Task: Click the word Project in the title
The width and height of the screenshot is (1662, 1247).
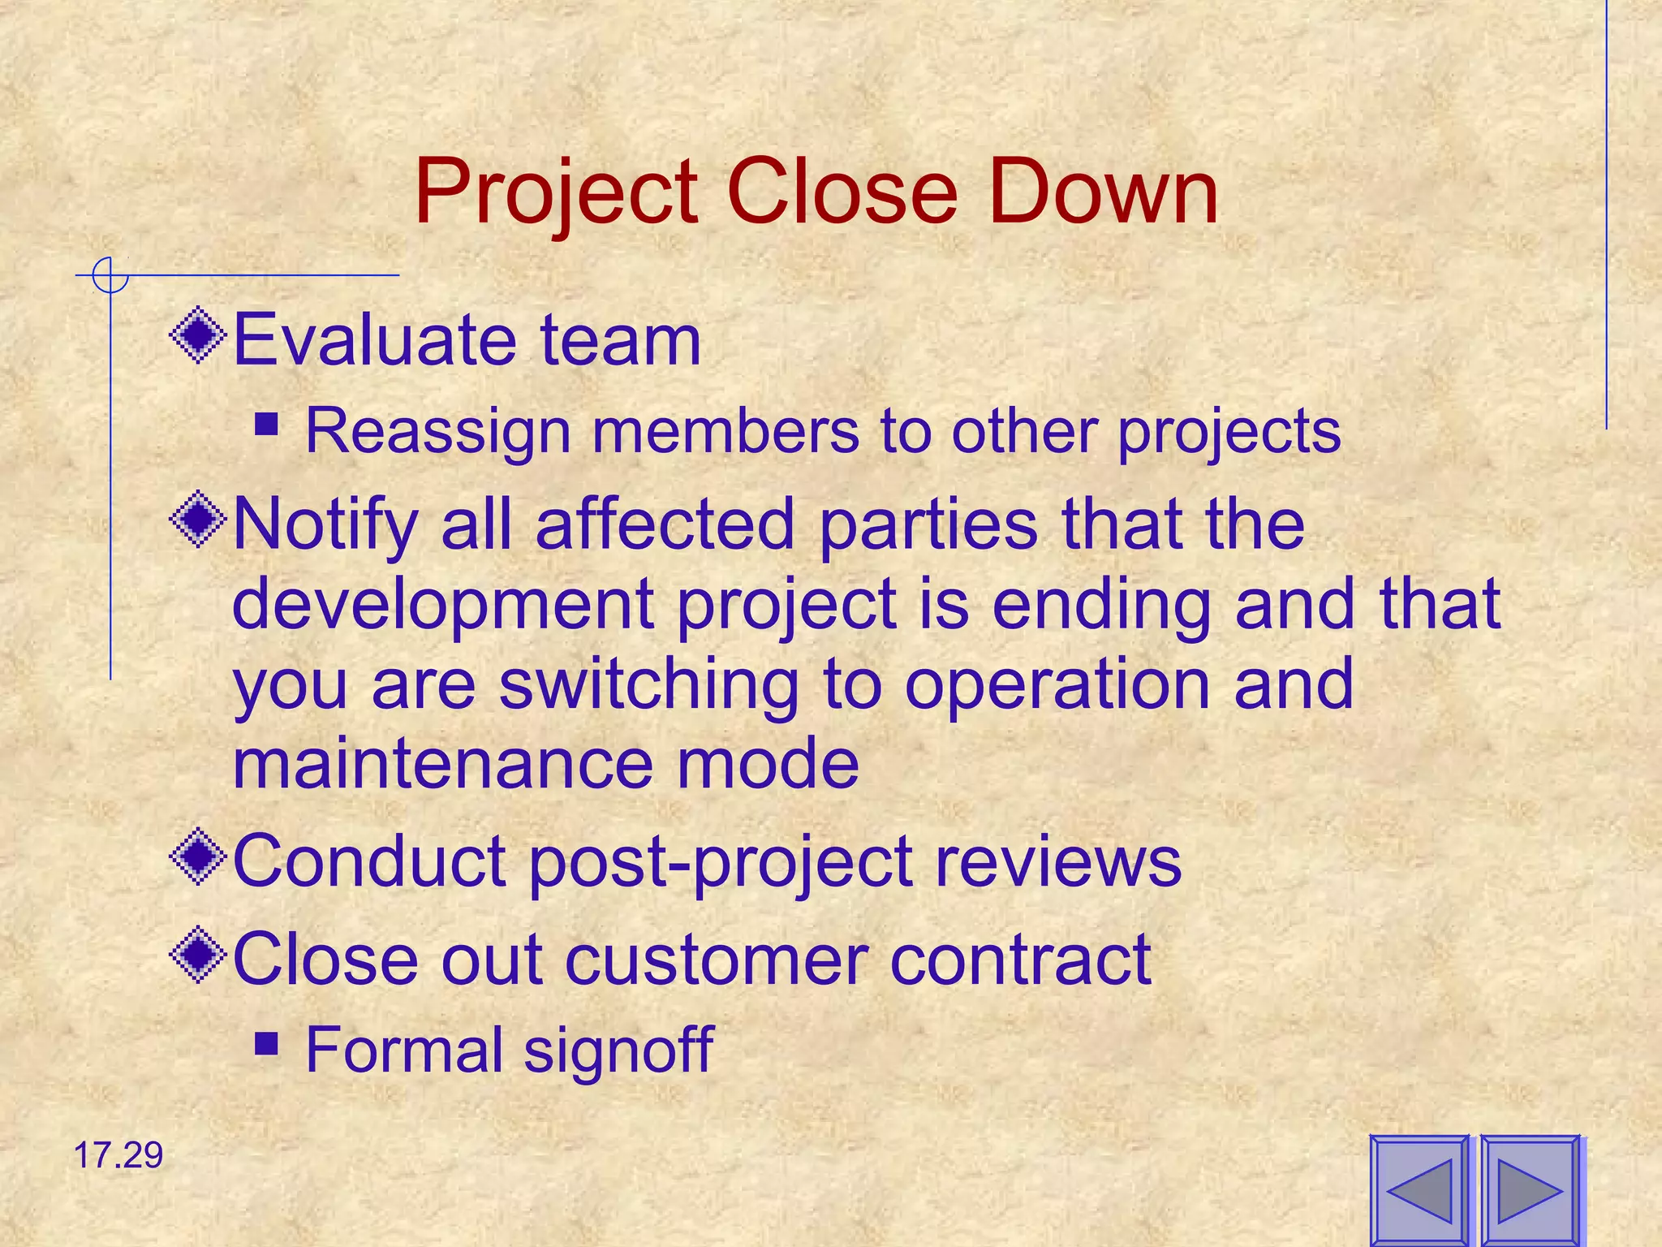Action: click(556, 193)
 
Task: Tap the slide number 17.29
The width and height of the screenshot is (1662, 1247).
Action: click(118, 1155)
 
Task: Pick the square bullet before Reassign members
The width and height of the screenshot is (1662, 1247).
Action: click(266, 424)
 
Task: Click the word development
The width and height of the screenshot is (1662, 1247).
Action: click(443, 605)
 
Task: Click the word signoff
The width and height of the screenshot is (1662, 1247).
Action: click(618, 1050)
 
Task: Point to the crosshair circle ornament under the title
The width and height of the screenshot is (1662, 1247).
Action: click(110, 275)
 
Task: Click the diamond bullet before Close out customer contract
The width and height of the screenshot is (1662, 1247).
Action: click(198, 955)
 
